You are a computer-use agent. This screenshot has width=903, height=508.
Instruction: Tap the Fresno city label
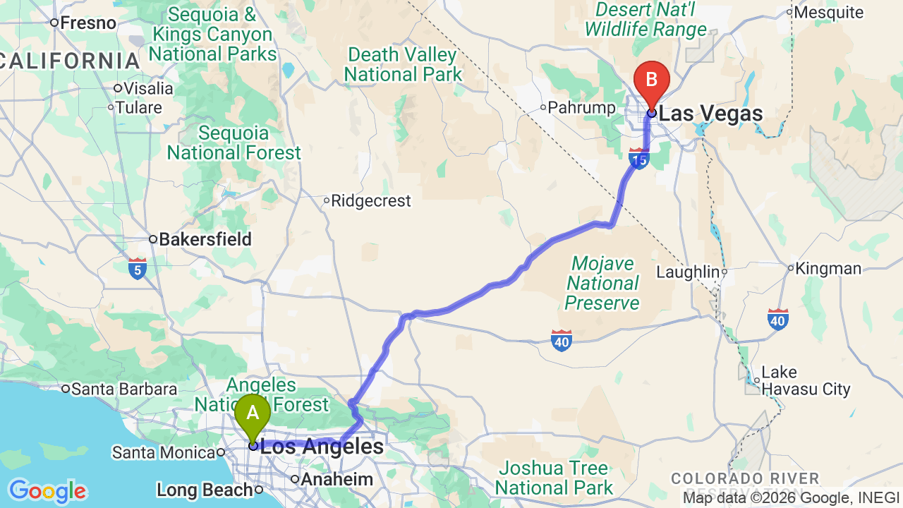tap(87, 23)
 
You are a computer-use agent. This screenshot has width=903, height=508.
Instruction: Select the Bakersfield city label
tap(205, 240)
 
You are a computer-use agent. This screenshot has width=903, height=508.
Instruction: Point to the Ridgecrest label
tap(370, 201)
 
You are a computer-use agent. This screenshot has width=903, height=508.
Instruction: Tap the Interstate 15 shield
tap(638, 159)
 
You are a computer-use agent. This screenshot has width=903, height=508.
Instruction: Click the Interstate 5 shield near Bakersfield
tap(138, 268)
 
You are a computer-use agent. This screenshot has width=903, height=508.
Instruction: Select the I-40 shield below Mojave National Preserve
tap(562, 341)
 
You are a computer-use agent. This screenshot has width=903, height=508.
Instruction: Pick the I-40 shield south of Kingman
tap(778, 320)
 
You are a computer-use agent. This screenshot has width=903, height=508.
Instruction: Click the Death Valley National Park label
tap(403, 64)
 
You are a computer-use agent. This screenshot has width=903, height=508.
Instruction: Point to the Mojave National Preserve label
tap(602, 284)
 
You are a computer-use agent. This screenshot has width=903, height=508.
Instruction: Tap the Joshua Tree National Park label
tap(553, 478)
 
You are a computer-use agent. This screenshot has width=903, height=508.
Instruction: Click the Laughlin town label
tap(687, 272)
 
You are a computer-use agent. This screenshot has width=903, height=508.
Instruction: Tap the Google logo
tap(47, 491)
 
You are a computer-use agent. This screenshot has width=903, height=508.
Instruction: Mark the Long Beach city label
tap(205, 490)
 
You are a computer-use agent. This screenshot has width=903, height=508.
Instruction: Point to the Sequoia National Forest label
tap(234, 143)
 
